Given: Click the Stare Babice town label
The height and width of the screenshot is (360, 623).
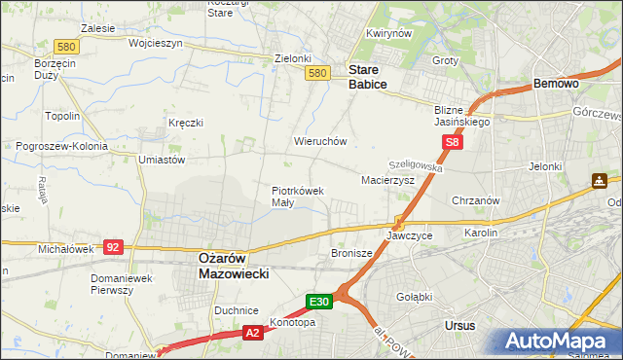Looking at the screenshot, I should pos(368,77).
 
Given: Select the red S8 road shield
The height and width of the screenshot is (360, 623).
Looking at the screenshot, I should pos(452,143).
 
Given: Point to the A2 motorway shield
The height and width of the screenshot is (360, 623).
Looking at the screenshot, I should pos(252,333).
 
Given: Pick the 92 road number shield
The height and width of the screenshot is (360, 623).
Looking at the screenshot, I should pos(113,248).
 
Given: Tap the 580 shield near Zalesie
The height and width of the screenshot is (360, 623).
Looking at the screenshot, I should pos(66,46).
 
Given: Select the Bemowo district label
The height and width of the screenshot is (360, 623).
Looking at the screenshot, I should pos(557,85).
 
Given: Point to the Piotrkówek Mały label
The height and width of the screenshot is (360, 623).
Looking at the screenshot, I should pos(296,197).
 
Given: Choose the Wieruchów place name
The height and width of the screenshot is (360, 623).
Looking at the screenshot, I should pos(320,141).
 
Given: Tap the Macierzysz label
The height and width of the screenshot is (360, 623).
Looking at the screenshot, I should pos(387,180).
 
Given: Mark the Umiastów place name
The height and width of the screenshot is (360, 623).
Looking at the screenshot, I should pos(162,159).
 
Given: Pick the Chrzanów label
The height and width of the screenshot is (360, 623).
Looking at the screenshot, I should pos(476,200).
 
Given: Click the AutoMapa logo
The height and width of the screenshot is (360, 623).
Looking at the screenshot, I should pos(556,341).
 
